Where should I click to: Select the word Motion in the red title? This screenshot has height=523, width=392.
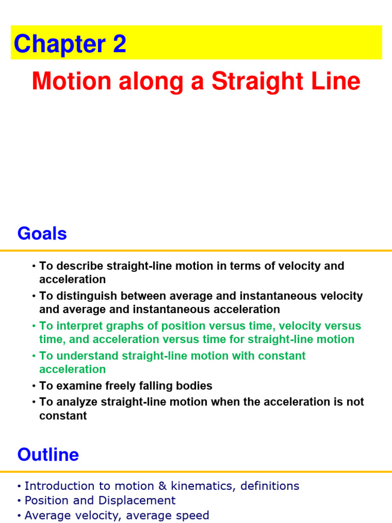tap(71, 81)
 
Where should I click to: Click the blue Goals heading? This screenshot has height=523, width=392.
tap(42, 234)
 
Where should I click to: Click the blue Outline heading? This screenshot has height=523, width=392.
tap(48, 455)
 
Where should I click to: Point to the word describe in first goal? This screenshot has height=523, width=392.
tap(80, 266)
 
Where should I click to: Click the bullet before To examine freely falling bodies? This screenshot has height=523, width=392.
tap(34, 386)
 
